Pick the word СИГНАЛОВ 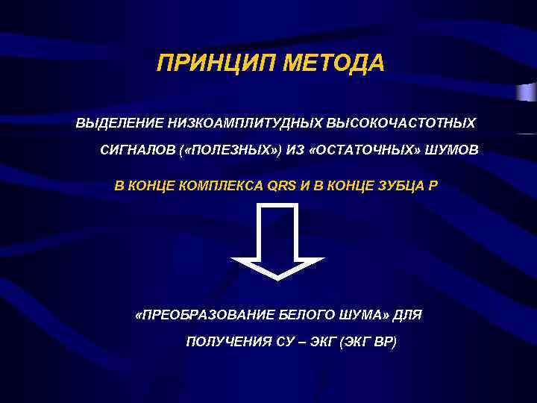(137, 151)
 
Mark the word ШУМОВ (454, 151)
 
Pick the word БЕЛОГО (298, 314)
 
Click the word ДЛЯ (407, 314)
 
